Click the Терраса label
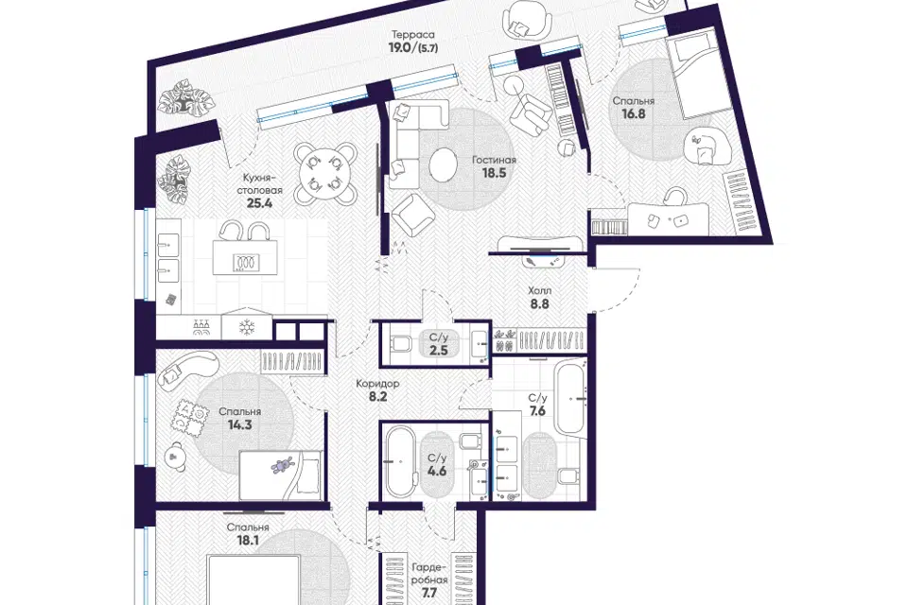tap(412, 35)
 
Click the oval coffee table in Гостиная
tap(445, 164)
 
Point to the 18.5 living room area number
tap(494, 173)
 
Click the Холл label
tap(539, 290)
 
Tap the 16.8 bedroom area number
tap(634, 113)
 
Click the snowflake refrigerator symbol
tap(247, 328)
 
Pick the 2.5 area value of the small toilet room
tap(438, 350)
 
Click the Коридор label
tap(377, 383)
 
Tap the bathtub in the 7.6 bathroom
tap(569, 397)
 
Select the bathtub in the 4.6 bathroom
tap(400, 462)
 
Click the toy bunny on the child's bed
tap(283, 465)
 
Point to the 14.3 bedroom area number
tap(239, 424)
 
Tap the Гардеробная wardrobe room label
tap(429, 575)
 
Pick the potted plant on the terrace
tap(184, 103)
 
